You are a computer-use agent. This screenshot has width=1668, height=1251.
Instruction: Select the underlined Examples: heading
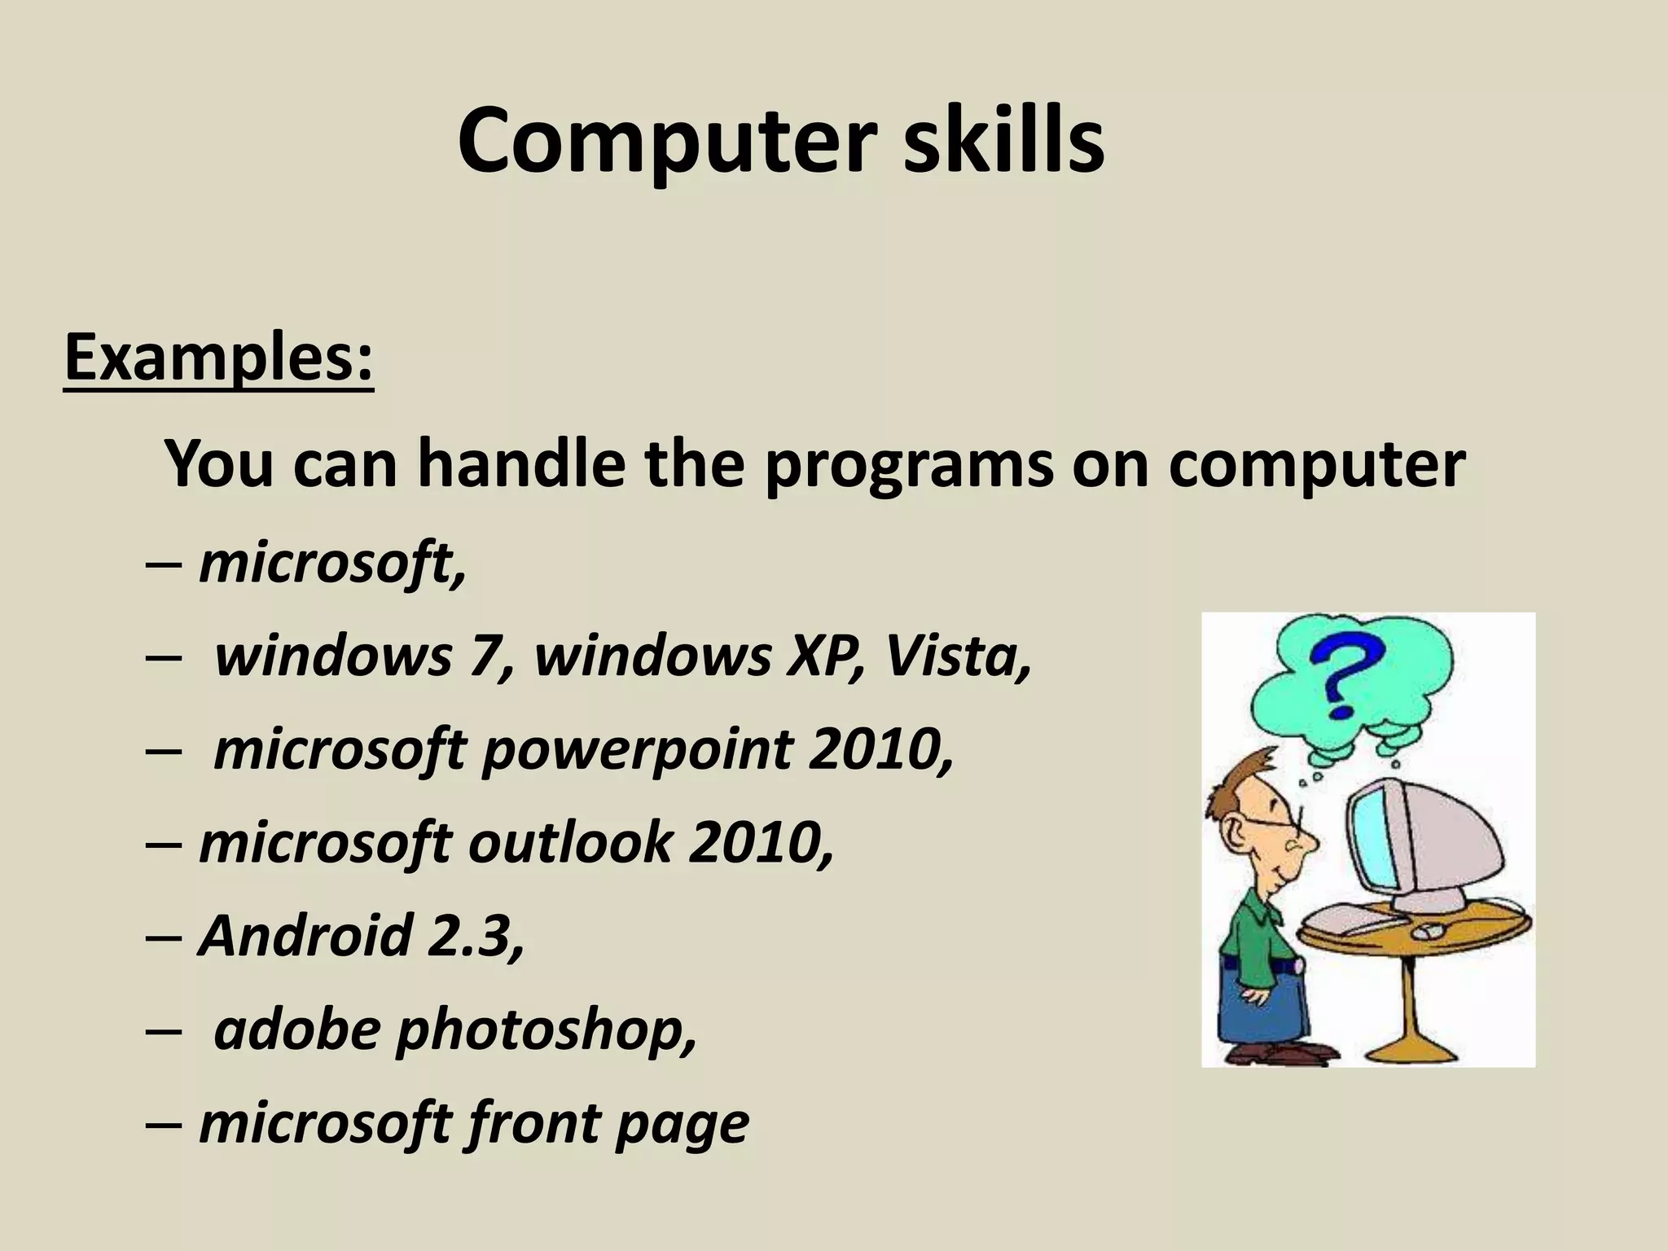pyautogui.click(x=218, y=358)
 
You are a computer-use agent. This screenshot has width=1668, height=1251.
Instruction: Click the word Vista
pyautogui.click(x=958, y=656)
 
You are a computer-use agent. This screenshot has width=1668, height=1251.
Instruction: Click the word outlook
pyautogui.click(x=570, y=844)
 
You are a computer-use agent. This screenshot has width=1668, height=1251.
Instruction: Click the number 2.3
pyautogui.click(x=476, y=936)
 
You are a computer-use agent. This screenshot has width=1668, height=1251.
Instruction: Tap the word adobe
pyautogui.click(x=296, y=1029)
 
